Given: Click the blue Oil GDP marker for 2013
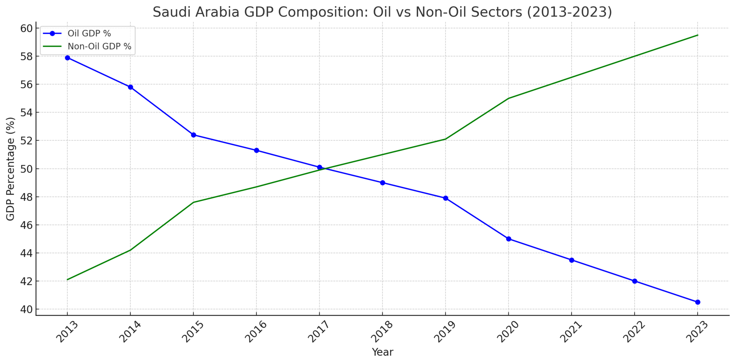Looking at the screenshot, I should click(67, 58).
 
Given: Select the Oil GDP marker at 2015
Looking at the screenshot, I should click(193, 135).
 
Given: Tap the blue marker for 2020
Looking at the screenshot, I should click(508, 239).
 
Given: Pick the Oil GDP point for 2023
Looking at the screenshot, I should click(697, 302).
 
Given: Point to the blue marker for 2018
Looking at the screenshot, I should click(382, 183).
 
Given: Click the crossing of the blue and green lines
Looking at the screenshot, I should click(323, 168).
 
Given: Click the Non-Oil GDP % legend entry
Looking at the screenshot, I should click(99, 47).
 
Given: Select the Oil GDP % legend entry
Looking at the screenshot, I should click(89, 34).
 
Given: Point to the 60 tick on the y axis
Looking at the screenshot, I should click(26, 28).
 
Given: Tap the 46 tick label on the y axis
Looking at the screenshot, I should click(26, 225).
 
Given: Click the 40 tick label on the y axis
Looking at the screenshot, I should click(26, 309).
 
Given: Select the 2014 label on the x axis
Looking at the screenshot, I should click(130, 331).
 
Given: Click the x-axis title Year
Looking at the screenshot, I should click(382, 352).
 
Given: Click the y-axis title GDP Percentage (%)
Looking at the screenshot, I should click(10, 169).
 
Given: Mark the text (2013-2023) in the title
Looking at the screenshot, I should click(569, 12).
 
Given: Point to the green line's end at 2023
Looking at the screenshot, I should click(697, 35).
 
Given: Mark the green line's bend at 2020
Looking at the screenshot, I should click(508, 98).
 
